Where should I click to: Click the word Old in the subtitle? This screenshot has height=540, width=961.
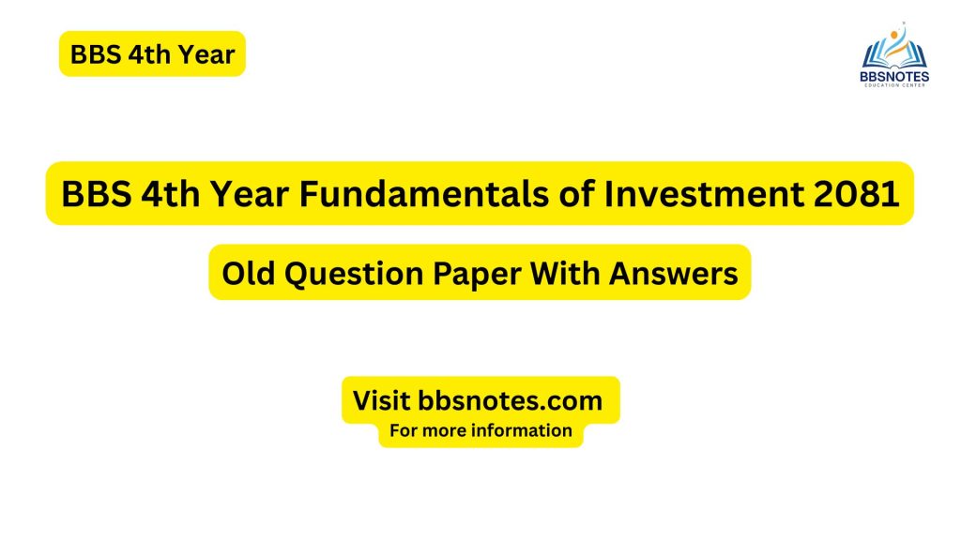[246, 273]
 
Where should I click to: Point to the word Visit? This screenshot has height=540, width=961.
[381, 400]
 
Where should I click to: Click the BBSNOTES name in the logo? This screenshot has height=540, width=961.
[894, 75]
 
